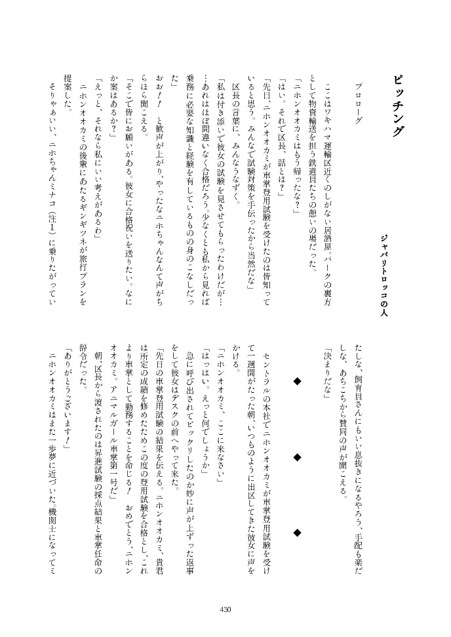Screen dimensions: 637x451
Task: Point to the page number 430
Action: tap(225, 609)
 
